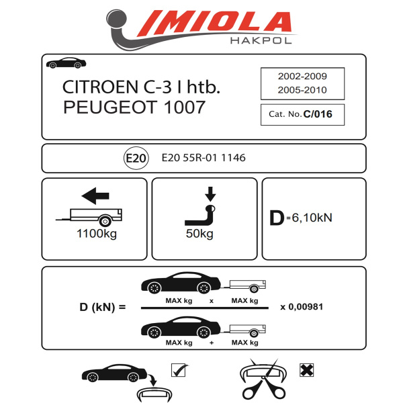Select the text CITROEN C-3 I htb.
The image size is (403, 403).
140,87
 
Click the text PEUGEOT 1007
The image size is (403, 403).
134,107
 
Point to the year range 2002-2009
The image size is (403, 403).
302,77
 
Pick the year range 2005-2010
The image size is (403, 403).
302,89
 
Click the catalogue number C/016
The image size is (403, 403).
318,114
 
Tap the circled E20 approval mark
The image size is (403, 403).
135,159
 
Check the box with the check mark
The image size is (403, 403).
179,369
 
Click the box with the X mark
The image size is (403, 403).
306,369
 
